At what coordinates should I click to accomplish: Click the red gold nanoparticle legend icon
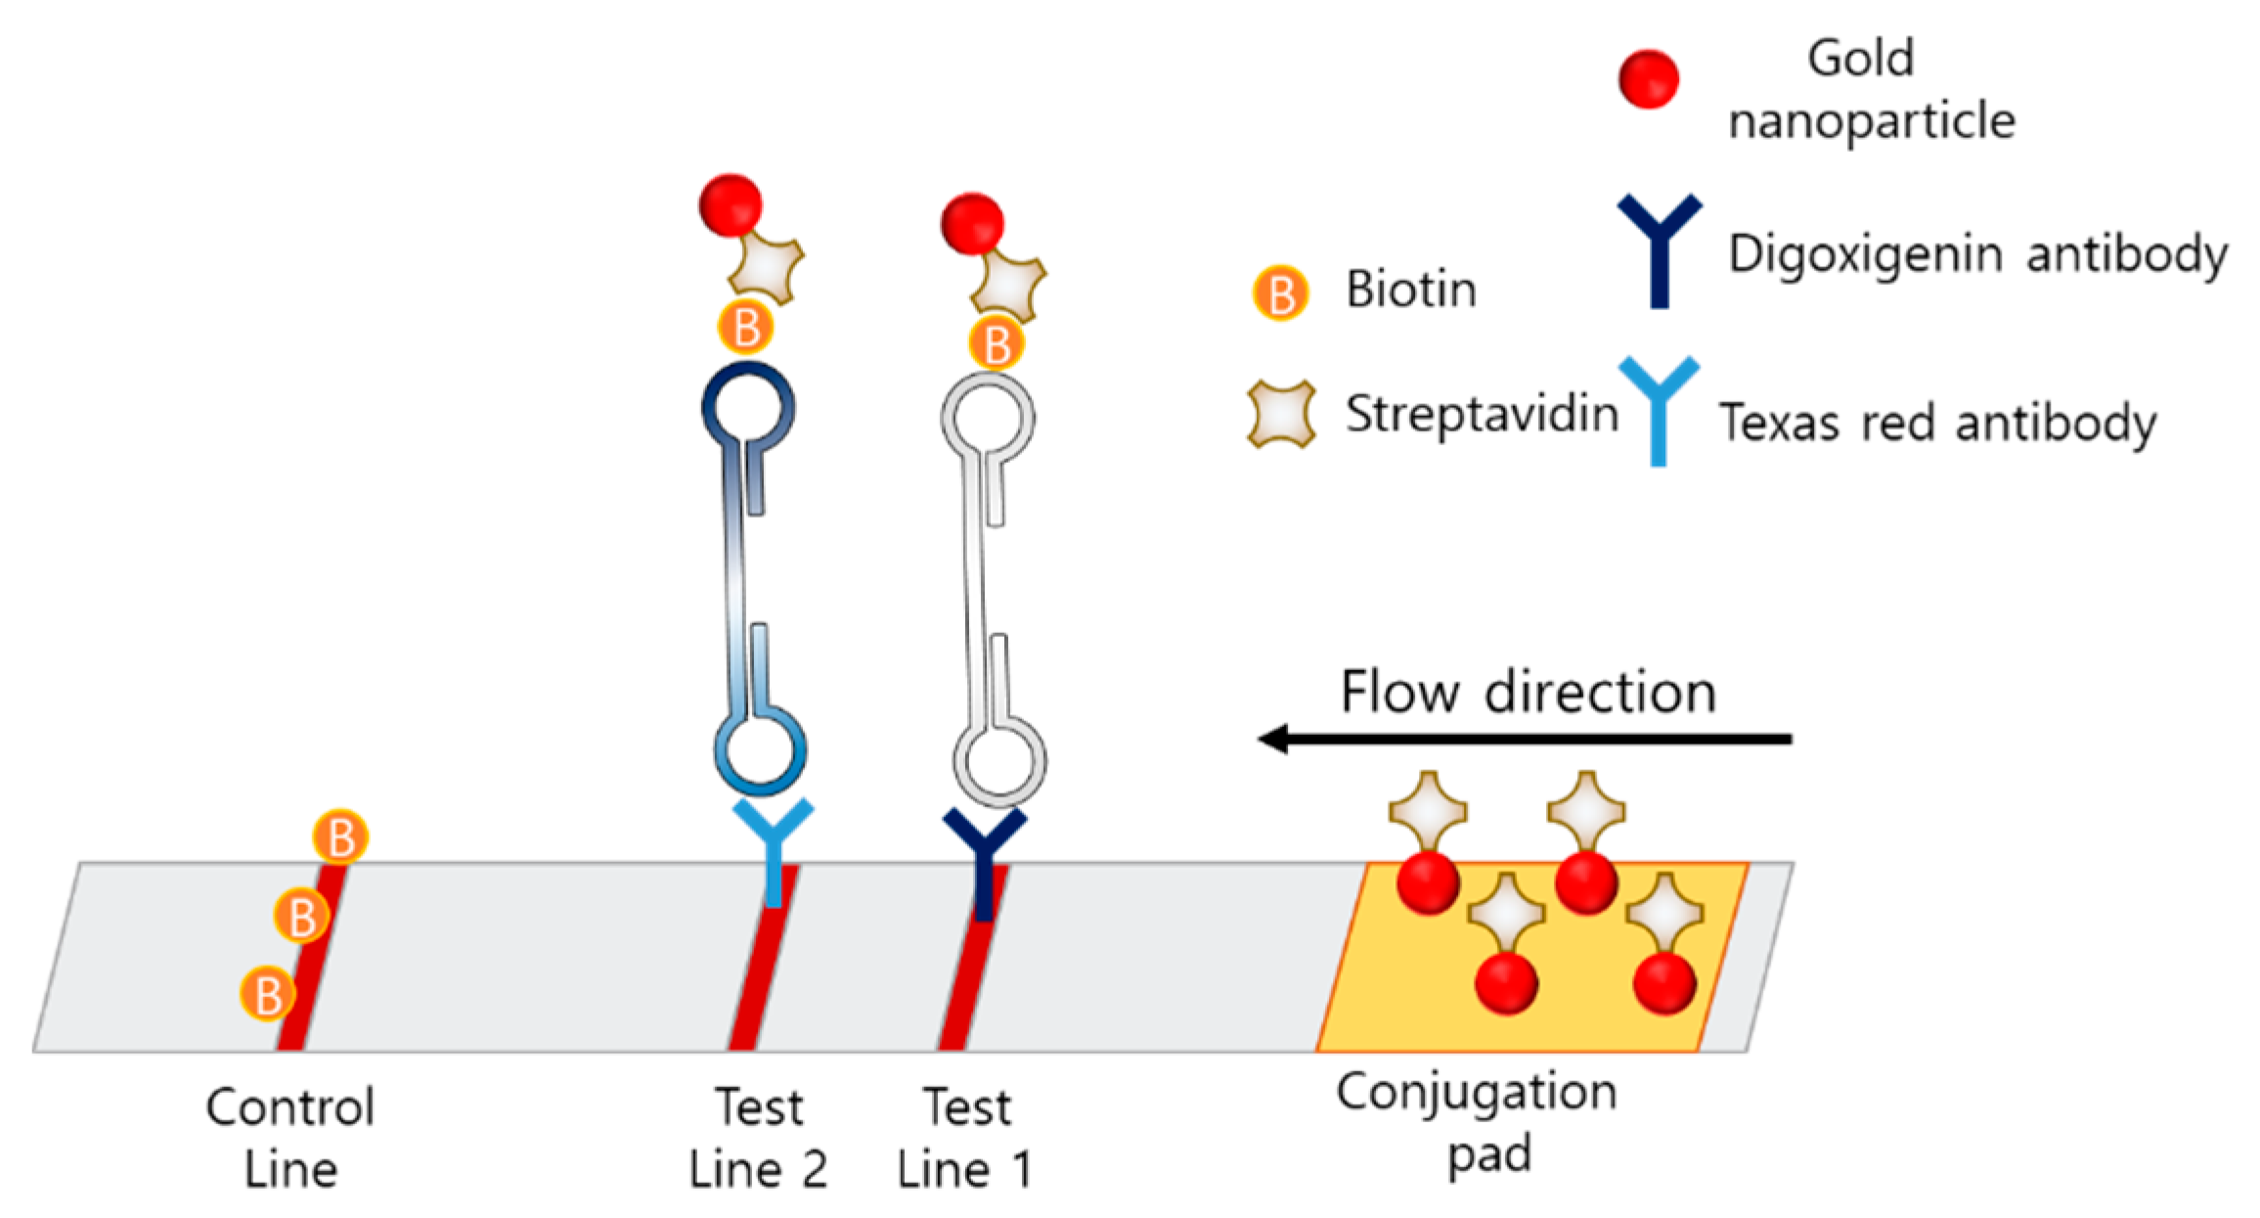pos(1648,78)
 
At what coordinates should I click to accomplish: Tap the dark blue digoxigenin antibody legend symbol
pos(1659,249)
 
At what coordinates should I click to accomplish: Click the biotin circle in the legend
pos(1281,293)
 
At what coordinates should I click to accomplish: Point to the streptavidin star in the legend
pos(1281,414)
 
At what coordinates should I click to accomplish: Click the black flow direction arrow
pos(1526,739)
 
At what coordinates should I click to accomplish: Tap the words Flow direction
pos(1528,692)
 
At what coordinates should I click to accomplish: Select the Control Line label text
pos(290,1138)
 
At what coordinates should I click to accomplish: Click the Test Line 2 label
pos(758,1138)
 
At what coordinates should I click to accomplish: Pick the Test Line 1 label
pos(966,1138)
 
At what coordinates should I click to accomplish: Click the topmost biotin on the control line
pos(340,837)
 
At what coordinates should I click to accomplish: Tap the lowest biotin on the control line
pos(268,994)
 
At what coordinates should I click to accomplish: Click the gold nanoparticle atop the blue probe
pos(731,205)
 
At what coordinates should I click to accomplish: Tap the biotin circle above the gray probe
pos(997,344)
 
